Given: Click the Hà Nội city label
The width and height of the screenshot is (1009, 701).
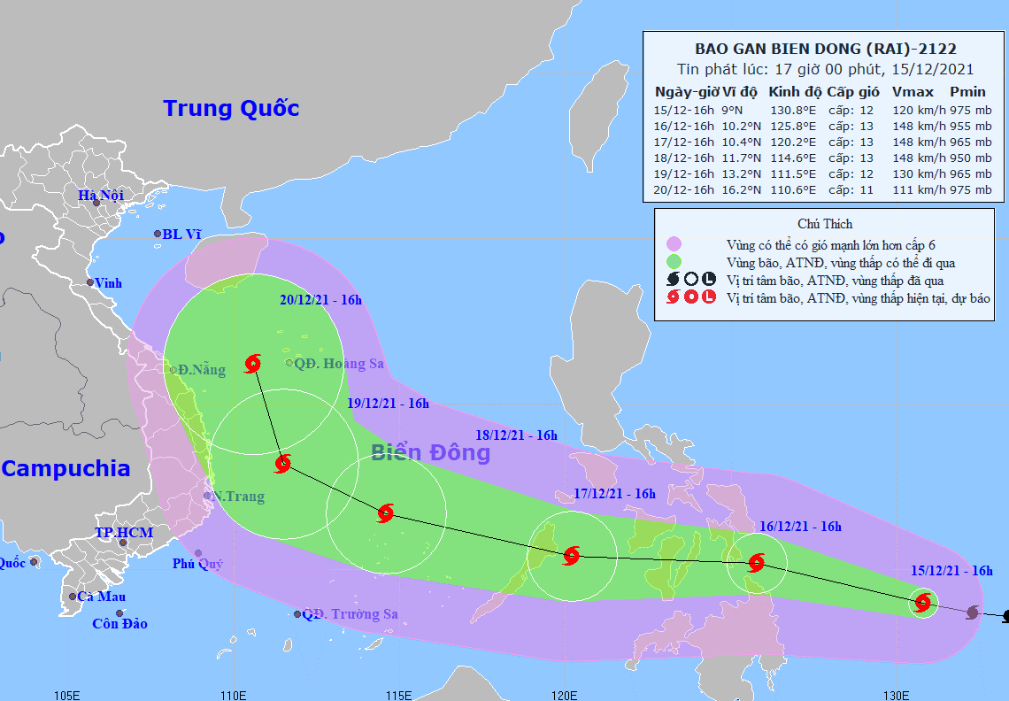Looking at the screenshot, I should click(100, 195).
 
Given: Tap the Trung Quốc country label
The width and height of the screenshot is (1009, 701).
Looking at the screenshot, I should click(231, 109).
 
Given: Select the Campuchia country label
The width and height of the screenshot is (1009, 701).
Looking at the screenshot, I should click(65, 469).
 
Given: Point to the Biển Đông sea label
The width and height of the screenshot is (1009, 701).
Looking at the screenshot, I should click(430, 453).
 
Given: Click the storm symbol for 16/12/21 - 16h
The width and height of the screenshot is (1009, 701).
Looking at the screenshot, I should click(756, 562).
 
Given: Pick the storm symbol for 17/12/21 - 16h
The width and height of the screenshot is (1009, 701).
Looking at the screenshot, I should click(571, 556).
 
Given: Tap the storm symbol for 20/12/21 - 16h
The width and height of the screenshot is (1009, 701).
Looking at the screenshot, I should click(253, 363).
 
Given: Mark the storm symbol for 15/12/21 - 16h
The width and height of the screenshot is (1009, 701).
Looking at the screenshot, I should click(923, 604).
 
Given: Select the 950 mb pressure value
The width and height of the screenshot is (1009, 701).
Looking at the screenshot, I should click(970, 158).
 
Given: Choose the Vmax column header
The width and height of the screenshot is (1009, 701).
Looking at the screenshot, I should click(913, 92).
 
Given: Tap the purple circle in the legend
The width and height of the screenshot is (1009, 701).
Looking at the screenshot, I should click(674, 243).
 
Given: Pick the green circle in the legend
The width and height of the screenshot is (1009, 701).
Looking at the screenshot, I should click(674, 262).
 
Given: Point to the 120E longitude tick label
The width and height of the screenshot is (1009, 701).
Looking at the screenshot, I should click(566, 692).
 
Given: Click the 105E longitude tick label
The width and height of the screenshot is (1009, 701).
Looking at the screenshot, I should click(67, 692).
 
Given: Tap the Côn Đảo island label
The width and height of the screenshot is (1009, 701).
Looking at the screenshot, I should click(120, 624).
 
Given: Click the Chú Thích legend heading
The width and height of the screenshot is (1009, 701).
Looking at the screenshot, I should click(825, 224).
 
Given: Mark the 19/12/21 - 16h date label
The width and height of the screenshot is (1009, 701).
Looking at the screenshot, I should click(389, 404).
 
